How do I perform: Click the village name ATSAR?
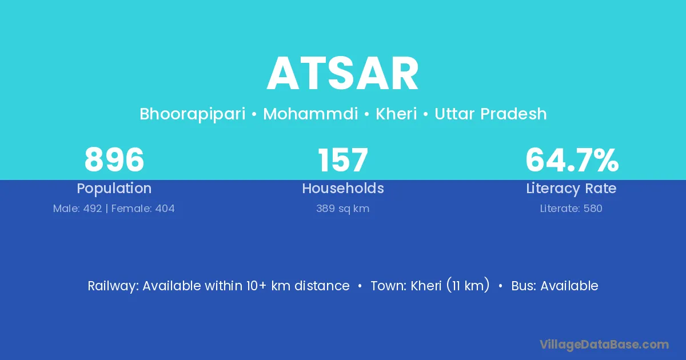coord(342,74)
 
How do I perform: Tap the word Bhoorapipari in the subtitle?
coord(193,114)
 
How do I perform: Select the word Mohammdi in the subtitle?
coord(310,114)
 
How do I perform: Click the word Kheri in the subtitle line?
coord(396,114)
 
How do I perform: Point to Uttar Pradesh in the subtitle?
coord(490,114)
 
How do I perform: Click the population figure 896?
coord(114,160)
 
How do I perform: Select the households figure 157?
coord(342,160)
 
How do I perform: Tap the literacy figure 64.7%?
coord(572,160)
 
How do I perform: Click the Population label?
coord(114,189)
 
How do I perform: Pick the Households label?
coord(343,188)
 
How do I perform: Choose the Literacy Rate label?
coord(571,189)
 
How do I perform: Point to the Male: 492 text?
coord(78,209)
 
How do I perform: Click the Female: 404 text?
coord(143,209)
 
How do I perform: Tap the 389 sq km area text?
coord(342,209)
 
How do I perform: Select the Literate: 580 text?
coord(571,209)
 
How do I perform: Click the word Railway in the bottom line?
coord(113,286)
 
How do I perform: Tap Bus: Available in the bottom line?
coord(555,286)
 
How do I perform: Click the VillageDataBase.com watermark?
coord(604,345)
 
